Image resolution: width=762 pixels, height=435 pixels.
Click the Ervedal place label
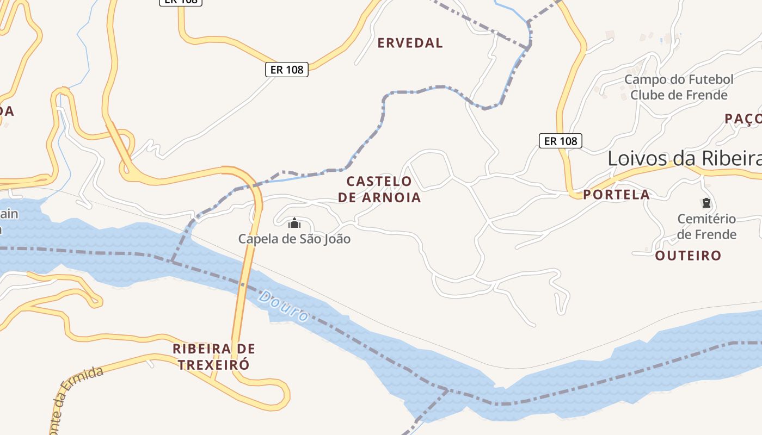[410, 43]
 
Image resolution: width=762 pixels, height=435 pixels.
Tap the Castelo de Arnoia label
[379, 189]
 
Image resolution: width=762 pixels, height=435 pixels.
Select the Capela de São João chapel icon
[294, 223]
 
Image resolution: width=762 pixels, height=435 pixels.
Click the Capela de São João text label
[294, 239]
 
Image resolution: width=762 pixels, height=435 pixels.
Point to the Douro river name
[283, 307]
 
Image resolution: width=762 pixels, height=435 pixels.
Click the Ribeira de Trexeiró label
[214, 356]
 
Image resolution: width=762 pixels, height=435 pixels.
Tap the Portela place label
[616, 195]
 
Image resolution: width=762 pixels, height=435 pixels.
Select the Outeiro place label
[688, 256]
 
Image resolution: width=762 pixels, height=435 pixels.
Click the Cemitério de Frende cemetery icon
[706, 203]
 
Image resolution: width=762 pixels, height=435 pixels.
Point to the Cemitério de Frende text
[706, 227]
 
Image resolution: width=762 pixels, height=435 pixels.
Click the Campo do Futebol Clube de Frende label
[679, 87]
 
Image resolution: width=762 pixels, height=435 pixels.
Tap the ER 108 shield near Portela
[561, 141]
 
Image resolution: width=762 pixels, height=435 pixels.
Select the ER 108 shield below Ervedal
[287, 70]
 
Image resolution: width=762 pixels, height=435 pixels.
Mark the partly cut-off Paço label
[743, 119]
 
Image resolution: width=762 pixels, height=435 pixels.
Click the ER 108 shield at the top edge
[181, 2]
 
